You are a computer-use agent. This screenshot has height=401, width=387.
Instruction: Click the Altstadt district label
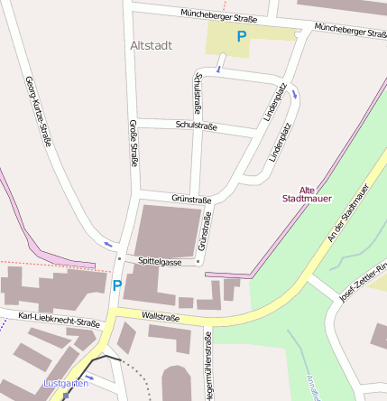(151, 44)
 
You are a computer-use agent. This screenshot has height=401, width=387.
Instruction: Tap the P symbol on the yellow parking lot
(241, 37)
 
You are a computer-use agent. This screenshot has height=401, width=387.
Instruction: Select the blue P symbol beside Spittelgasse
(116, 284)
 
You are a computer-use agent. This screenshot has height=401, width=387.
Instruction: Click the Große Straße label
(134, 144)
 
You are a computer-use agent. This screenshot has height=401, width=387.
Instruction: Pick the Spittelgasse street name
(160, 260)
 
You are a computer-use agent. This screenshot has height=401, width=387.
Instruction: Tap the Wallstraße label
(161, 317)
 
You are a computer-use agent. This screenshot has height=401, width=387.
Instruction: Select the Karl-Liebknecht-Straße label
(59, 319)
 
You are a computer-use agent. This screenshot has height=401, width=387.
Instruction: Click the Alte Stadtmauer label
(308, 191)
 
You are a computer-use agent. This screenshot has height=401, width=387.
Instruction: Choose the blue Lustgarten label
(66, 384)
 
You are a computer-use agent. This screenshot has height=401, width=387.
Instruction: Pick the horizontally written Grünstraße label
(191, 199)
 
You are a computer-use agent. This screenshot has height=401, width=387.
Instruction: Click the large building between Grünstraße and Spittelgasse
(166, 229)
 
